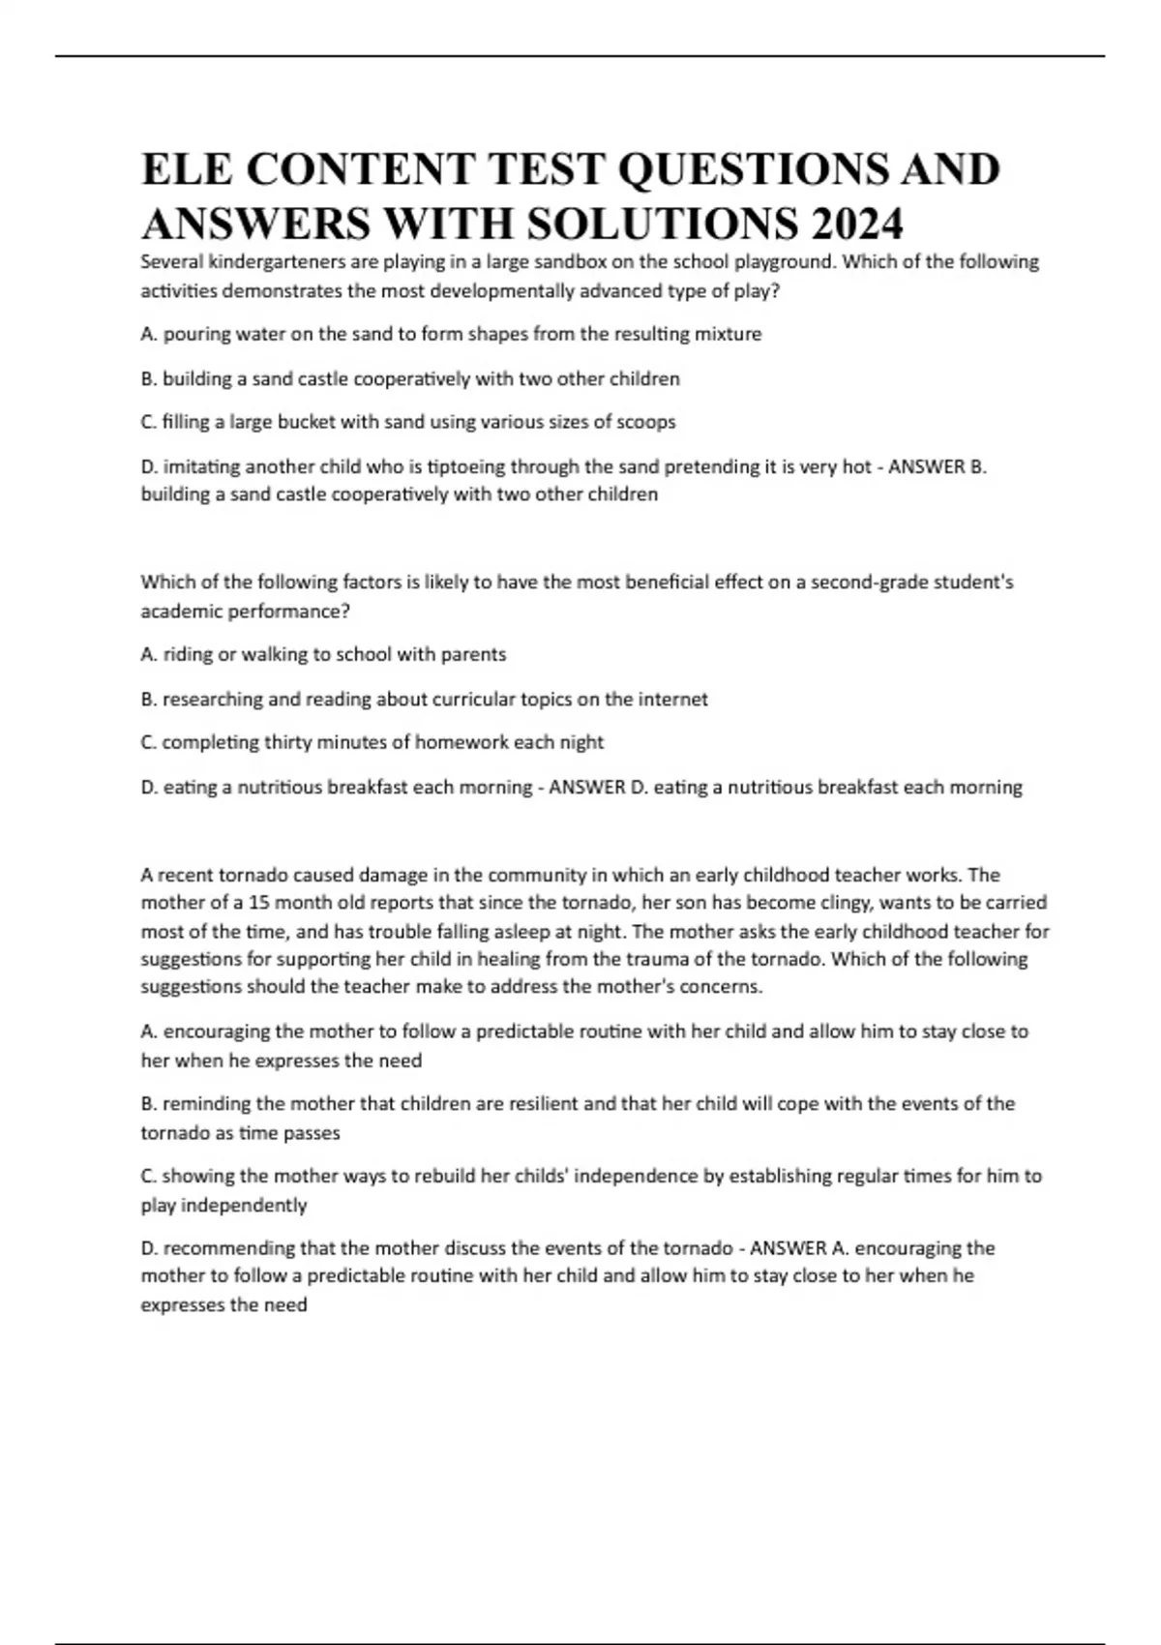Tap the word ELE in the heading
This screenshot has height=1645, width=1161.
point(187,169)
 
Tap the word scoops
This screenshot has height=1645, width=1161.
point(646,422)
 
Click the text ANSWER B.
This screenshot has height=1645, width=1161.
point(937,466)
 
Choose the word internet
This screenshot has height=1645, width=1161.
point(672,699)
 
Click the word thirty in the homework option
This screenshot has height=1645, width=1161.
point(286,742)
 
